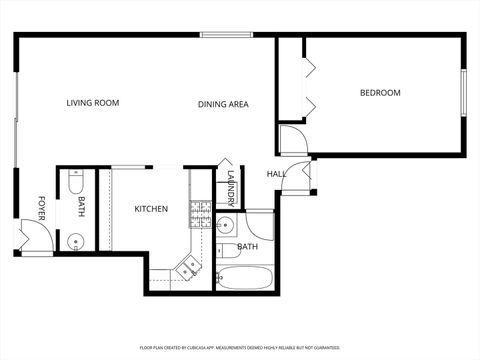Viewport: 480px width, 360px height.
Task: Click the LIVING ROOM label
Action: point(93,103)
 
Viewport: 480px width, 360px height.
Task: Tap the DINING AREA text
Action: point(223,104)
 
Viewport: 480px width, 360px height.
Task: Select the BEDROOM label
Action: point(380,93)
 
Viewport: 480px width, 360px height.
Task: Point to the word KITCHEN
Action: point(151,209)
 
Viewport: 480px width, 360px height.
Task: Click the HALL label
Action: point(276,175)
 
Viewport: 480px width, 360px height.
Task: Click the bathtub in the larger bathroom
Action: point(245,276)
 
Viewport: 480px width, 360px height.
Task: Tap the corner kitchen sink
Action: point(188,266)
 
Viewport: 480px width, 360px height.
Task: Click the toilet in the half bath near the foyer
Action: point(76,184)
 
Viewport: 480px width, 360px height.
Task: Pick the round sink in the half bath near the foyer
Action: point(74,240)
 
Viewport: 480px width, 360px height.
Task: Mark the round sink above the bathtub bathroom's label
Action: point(226,224)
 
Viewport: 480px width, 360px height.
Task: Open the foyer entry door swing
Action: point(27,240)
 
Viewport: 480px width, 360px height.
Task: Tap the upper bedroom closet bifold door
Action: point(309,67)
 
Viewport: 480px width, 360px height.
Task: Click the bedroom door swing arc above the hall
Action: point(293,139)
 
